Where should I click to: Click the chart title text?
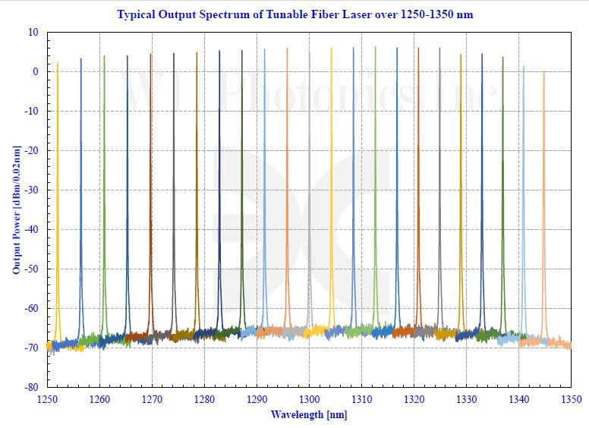click(x=294, y=14)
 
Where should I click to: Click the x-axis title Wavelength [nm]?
click(x=308, y=414)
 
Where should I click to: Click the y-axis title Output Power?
click(x=16, y=209)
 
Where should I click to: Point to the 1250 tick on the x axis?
click(x=47, y=398)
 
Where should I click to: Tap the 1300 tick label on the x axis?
click(x=309, y=398)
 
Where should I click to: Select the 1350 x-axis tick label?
click(x=570, y=398)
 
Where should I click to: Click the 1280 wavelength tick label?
click(x=204, y=398)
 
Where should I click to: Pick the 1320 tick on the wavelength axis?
click(x=414, y=398)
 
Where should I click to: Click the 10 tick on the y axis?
click(x=33, y=33)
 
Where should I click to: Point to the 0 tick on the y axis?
click(x=35, y=72)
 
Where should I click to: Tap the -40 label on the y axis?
click(x=31, y=229)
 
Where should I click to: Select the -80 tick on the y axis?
click(x=31, y=387)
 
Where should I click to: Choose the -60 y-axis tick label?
click(x=31, y=308)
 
